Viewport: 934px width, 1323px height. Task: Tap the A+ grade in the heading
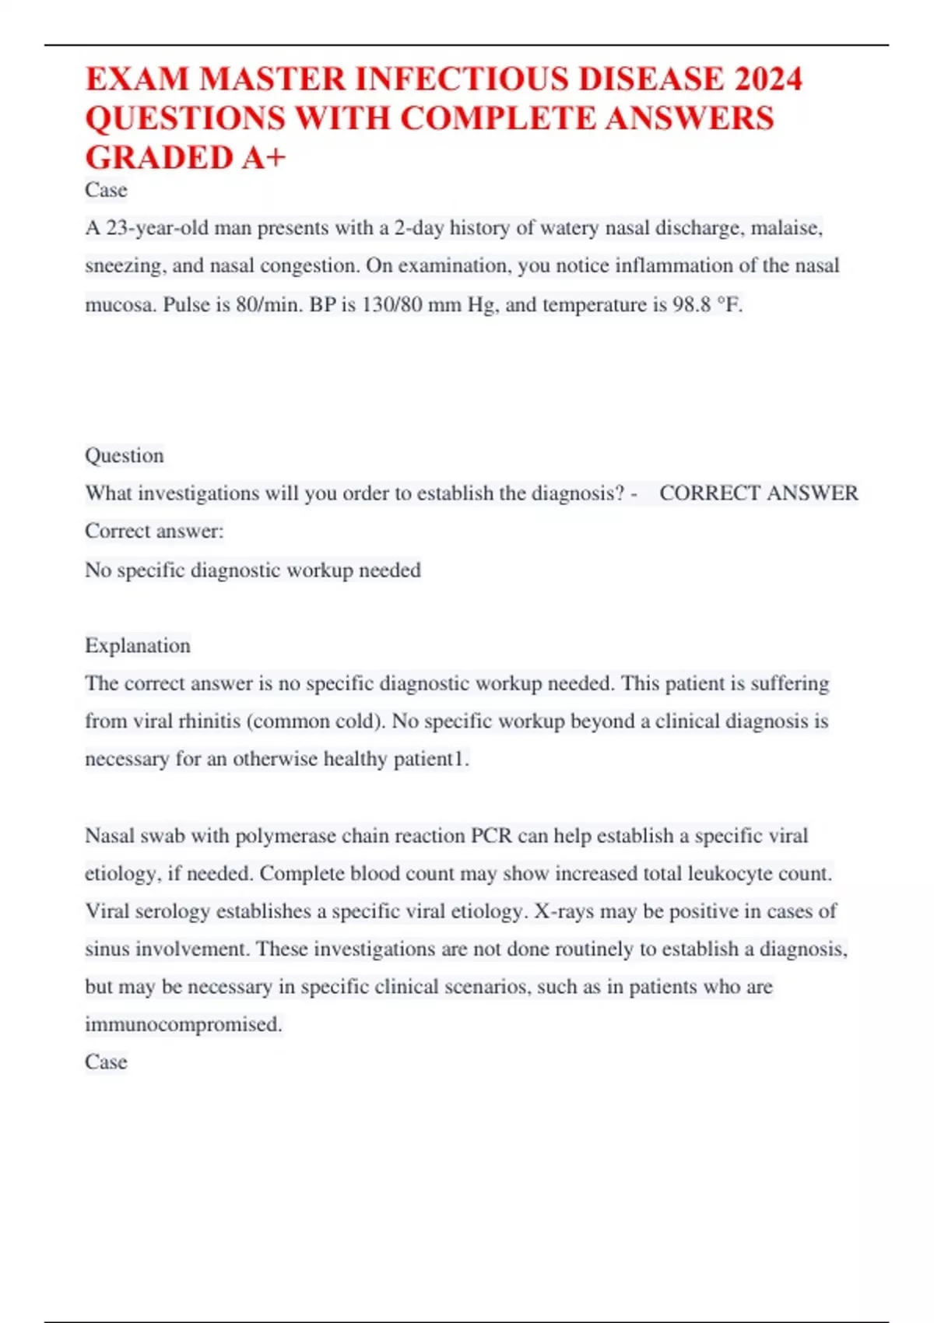pyautogui.click(x=263, y=157)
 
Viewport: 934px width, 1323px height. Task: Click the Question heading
pyautogui.click(x=125, y=455)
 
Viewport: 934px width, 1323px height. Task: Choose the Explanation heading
pyautogui.click(x=138, y=646)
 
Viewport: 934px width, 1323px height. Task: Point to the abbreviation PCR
pyautogui.click(x=491, y=836)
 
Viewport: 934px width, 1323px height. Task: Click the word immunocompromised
pyautogui.click(x=183, y=1025)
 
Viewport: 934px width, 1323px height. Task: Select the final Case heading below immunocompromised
pyautogui.click(x=106, y=1062)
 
